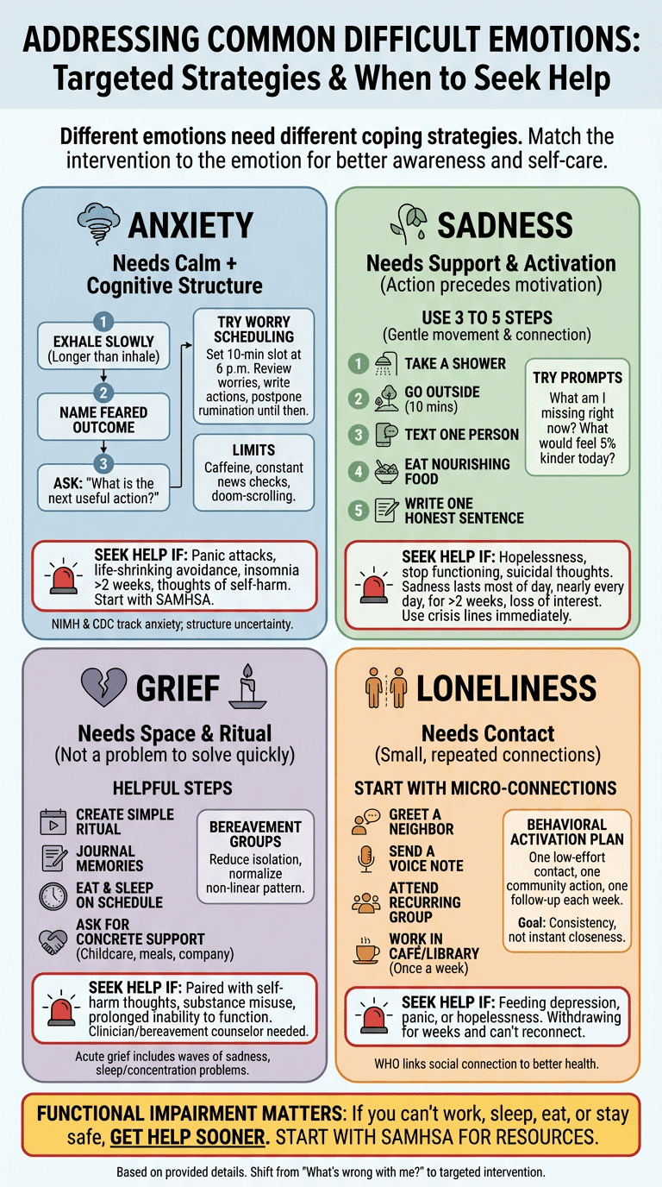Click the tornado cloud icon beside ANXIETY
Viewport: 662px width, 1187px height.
97,223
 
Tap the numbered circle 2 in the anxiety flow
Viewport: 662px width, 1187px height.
103,393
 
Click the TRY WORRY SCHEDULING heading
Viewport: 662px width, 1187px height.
253,329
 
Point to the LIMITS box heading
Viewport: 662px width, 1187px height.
253,449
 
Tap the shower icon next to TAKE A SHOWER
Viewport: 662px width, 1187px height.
385,364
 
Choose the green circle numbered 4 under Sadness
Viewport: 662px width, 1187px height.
359,471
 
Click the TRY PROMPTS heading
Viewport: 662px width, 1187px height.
577,378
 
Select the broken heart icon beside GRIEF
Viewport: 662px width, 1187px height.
103,688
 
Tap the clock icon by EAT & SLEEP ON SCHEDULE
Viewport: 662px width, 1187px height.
53,895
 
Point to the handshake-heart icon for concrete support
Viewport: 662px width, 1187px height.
53,939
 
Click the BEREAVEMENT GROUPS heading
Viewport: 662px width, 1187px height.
255,833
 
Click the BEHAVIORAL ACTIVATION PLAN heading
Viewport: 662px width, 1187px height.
566,832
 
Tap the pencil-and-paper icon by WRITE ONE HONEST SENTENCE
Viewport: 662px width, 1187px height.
385,511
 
